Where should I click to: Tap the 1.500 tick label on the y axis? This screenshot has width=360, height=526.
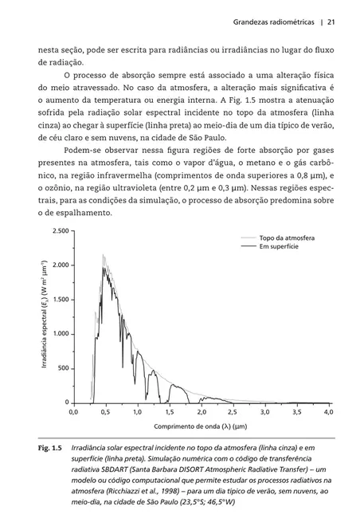(x=58, y=299)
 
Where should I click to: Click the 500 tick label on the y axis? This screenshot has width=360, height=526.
(x=61, y=368)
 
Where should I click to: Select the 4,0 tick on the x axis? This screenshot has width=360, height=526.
(x=327, y=414)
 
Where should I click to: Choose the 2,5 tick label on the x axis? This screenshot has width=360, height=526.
(x=232, y=414)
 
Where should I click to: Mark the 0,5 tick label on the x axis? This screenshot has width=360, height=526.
(x=104, y=414)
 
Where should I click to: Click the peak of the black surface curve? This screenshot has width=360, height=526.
(x=104, y=266)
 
